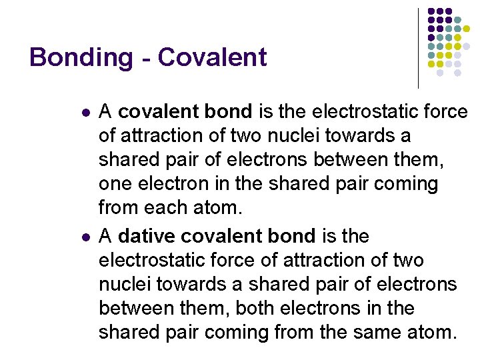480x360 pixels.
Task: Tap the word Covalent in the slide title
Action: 212,57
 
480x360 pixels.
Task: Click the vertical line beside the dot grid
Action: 418,49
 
